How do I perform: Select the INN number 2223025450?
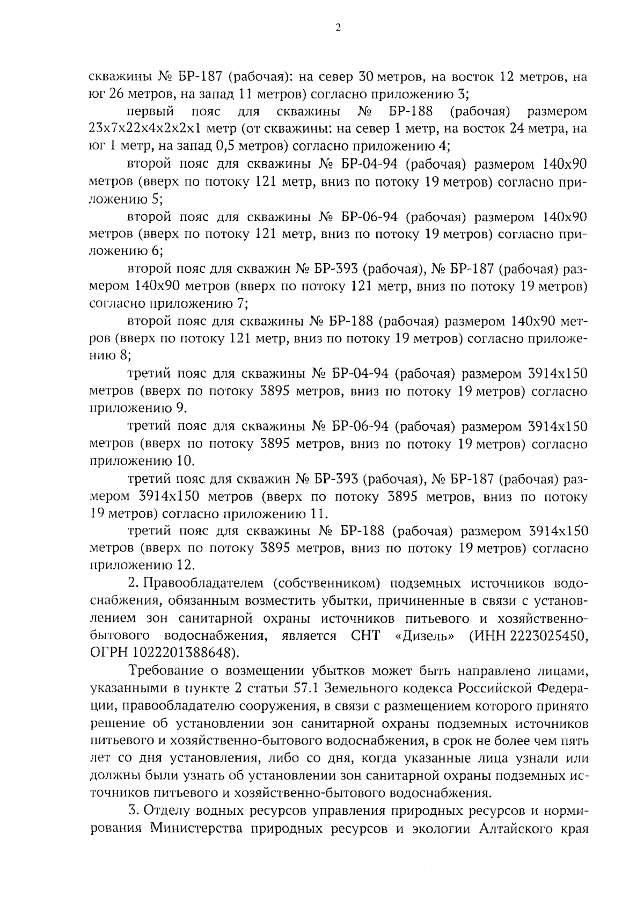coord(545,636)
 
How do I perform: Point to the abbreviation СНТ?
coord(365,636)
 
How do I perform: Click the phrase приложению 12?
coord(142,566)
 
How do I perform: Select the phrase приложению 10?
coord(142,461)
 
